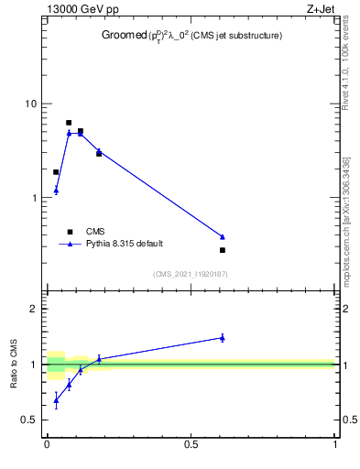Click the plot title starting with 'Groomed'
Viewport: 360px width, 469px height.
[x=191, y=36]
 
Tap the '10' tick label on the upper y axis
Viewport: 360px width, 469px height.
[x=31, y=104]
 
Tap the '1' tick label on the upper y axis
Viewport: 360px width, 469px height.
[x=34, y=198]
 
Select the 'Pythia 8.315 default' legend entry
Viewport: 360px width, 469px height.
[x=125, y=244]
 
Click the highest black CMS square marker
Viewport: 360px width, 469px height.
[x=69, y=123]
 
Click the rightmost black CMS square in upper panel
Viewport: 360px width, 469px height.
[x=223, y=250]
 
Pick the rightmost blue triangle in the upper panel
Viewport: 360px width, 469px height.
[x=223, y=236]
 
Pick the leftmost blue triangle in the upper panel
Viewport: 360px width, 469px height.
[x=56, y=191]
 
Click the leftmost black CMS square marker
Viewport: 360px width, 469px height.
[x=56, y=172]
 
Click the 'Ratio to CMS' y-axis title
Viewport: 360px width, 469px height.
[x=14, y=364]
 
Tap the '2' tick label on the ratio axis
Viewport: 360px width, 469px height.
[x=34, y=309]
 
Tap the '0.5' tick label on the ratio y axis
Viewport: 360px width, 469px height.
[x=29, y=420]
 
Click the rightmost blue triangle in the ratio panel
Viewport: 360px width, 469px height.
[x=223, y=337]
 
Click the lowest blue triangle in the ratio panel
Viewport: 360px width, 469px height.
[x=56, y=400]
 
